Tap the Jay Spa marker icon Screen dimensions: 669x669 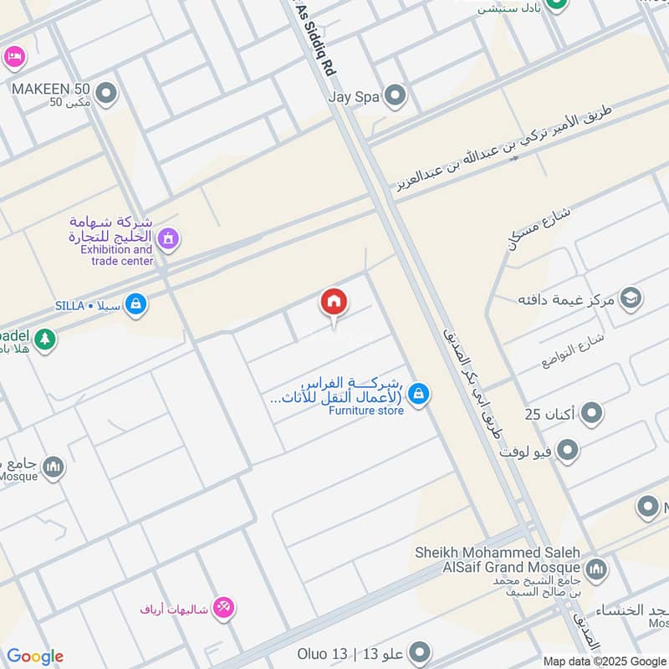(395, 96)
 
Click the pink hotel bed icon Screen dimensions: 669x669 (14, 57)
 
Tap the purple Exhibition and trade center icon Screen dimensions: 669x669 (168, 240)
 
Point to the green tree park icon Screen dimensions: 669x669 (44, 340)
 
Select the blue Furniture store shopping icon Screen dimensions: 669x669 (420, 393)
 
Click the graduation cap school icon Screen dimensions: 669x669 (631, 299)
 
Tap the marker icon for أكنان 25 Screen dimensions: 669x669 (592, 413)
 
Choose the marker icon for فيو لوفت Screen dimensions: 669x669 (569, 452)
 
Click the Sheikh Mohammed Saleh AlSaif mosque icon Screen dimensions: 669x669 (596, 570)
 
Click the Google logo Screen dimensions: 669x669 (35, 656)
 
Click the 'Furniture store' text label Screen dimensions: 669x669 (365, 411)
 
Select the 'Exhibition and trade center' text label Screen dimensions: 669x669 (116, 255)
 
